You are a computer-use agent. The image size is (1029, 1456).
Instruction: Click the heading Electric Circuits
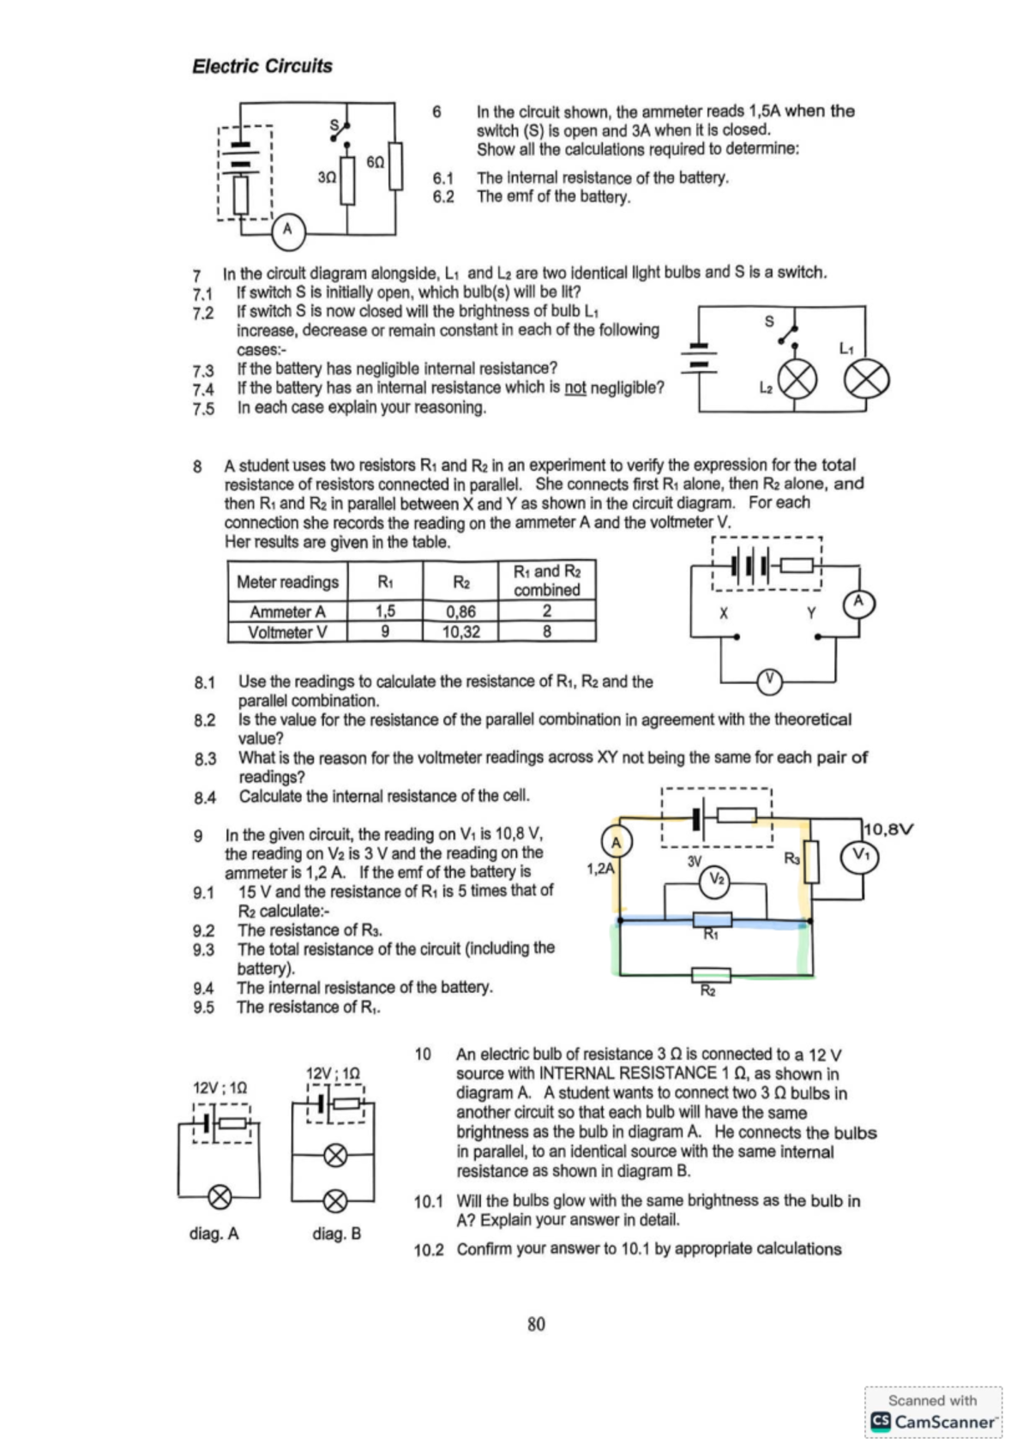pyautogui.click(x=262, y=66)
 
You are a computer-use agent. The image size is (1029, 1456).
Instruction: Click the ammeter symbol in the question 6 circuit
pyautogui.click(x=288, y=229)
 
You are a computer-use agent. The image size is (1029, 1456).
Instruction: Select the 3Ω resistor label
pyautogui.click(x=327, y=177)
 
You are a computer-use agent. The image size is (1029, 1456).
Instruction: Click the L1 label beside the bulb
pyautogui.click(x=845, y=348)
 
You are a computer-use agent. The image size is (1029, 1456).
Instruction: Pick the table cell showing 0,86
pyautogui.click(x=460, y=611)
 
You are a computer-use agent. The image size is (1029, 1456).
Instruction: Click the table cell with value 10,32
pyautogui.click(x=460, y=632)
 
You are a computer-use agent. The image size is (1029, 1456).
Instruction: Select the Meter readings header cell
pyautogui.click(x=287, y=582)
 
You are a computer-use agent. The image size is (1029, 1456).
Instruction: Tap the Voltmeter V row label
pyautogui.click(x=287, y=632)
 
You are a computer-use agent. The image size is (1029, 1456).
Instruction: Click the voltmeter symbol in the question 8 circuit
pyautogui.click(x=769, y=682)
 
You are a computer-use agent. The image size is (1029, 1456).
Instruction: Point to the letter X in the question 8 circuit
pyautogui.click(x=724, y=613)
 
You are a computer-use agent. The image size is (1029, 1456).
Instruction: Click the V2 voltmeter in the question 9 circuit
pyautogui.click(x=717, y=878)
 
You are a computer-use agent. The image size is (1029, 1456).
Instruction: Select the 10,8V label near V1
pyautogui.click(x=889, y=829)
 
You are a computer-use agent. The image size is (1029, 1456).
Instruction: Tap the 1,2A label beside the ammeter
pyautogui.click(x=600, y=869)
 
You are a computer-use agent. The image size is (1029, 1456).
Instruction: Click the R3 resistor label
pyautogui.click(x=792, y=857)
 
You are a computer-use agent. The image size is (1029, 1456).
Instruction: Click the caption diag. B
pyautogui.click(x=336, y=1233)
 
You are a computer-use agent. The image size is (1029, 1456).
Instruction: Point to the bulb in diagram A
pyautogui.click(x=220, y=1196)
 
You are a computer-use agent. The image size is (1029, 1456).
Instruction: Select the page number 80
pyautogui.click(x=536, y=1324)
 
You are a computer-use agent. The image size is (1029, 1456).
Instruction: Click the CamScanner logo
pyautogui.click(x=934, y=1421)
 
